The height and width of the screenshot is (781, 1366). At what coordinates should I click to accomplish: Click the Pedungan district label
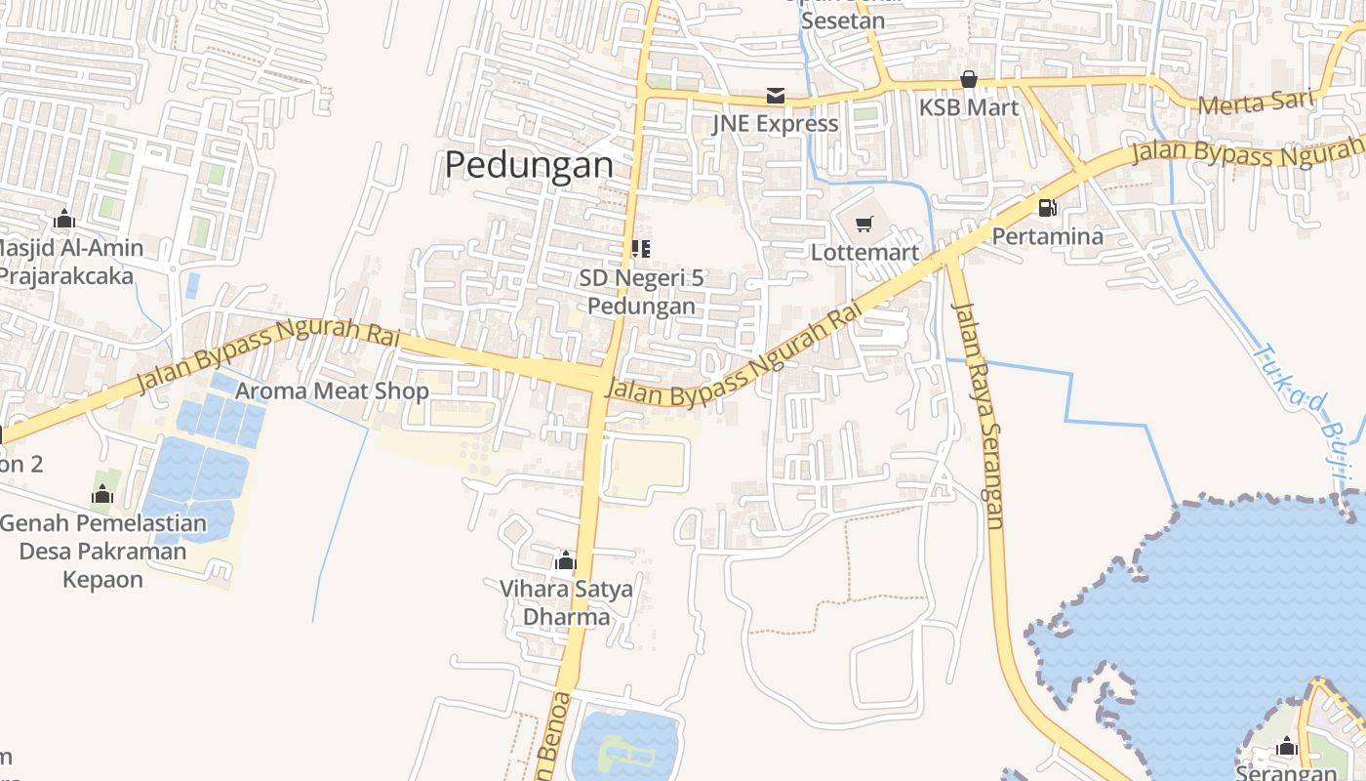[529, 165]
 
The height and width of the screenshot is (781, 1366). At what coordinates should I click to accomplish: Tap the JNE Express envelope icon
[776, 95]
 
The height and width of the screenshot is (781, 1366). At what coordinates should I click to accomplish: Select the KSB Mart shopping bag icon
[969, 79]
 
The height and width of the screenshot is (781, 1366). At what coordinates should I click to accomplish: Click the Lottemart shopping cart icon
[864, 226]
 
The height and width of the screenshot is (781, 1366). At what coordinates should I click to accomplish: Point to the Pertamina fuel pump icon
[1047, 207]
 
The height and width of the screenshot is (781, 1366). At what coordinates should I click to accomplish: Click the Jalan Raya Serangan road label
[979, 415]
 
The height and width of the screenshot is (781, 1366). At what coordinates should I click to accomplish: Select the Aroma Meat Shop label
[333, 391]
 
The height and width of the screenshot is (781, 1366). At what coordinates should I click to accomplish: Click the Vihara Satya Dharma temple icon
[565, 560]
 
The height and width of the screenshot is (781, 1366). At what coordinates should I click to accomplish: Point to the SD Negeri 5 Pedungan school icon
[641, 249]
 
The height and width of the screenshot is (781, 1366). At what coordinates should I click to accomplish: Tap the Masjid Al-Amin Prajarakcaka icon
[64, 219]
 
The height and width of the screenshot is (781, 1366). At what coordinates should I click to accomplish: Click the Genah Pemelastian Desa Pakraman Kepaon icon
[102, 495]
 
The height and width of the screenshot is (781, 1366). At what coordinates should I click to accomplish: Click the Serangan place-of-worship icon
[1286, 747]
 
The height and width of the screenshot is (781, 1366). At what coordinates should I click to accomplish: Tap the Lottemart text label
[864, 253]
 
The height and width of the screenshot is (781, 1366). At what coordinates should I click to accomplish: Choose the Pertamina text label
[1047, 236]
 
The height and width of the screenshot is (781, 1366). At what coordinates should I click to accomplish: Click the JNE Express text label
[775, 123]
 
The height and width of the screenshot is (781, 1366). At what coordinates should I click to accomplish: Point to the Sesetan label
[842, 21]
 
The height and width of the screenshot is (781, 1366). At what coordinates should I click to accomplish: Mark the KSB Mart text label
[968, 106]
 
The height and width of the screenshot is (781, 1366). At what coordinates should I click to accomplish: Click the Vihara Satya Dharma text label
[566, 603]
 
